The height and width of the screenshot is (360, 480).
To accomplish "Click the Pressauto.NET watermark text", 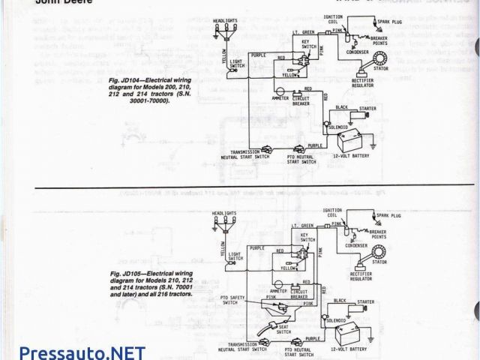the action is point(72,349).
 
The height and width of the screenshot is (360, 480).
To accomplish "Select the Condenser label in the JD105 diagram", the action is point(355,245).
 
